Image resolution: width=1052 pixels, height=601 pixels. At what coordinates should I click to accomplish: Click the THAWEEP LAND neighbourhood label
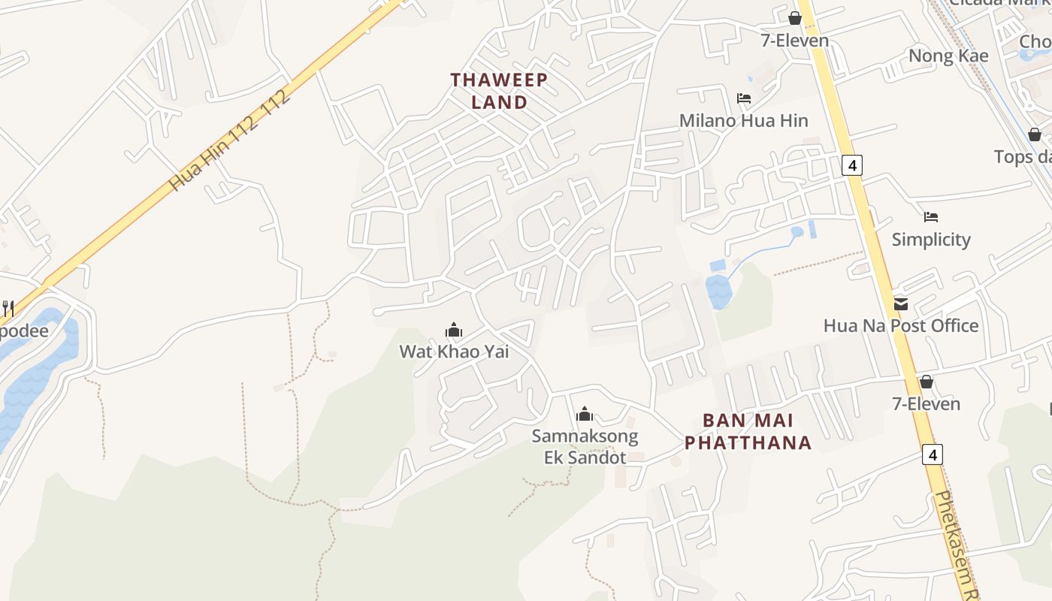499,91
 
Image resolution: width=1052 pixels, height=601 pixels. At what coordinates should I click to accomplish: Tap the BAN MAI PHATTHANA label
748,431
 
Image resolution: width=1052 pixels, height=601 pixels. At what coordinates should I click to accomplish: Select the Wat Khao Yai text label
453,351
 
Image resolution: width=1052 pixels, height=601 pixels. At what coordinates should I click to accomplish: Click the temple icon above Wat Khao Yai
453,330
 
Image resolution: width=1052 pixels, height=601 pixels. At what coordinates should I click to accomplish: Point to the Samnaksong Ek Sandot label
585,446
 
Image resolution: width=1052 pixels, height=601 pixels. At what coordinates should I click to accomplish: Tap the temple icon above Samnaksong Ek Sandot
585,414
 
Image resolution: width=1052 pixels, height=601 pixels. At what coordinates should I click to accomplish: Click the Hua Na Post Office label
900,325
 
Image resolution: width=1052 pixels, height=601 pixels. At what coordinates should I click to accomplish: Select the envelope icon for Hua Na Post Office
900,304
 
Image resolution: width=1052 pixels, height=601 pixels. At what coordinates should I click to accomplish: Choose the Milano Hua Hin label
743,120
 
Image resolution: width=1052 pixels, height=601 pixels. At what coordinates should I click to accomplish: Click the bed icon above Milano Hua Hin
744,98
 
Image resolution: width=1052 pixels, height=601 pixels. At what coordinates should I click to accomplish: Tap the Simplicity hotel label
931,240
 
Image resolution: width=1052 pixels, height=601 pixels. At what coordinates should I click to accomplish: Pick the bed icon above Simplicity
931,217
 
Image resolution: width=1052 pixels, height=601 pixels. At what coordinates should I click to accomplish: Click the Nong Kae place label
948,56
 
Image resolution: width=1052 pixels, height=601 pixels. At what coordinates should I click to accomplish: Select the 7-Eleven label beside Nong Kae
795,41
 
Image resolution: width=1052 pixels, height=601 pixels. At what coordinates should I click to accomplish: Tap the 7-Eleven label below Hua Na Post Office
926,403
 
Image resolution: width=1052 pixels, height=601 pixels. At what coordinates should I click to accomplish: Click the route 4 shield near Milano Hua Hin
851,165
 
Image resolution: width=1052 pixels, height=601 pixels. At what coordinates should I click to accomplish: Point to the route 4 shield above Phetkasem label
933,454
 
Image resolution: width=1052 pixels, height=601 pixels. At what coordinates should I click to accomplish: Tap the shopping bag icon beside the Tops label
1035,134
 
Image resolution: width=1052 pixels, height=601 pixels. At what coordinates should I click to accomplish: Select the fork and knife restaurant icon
8,308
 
